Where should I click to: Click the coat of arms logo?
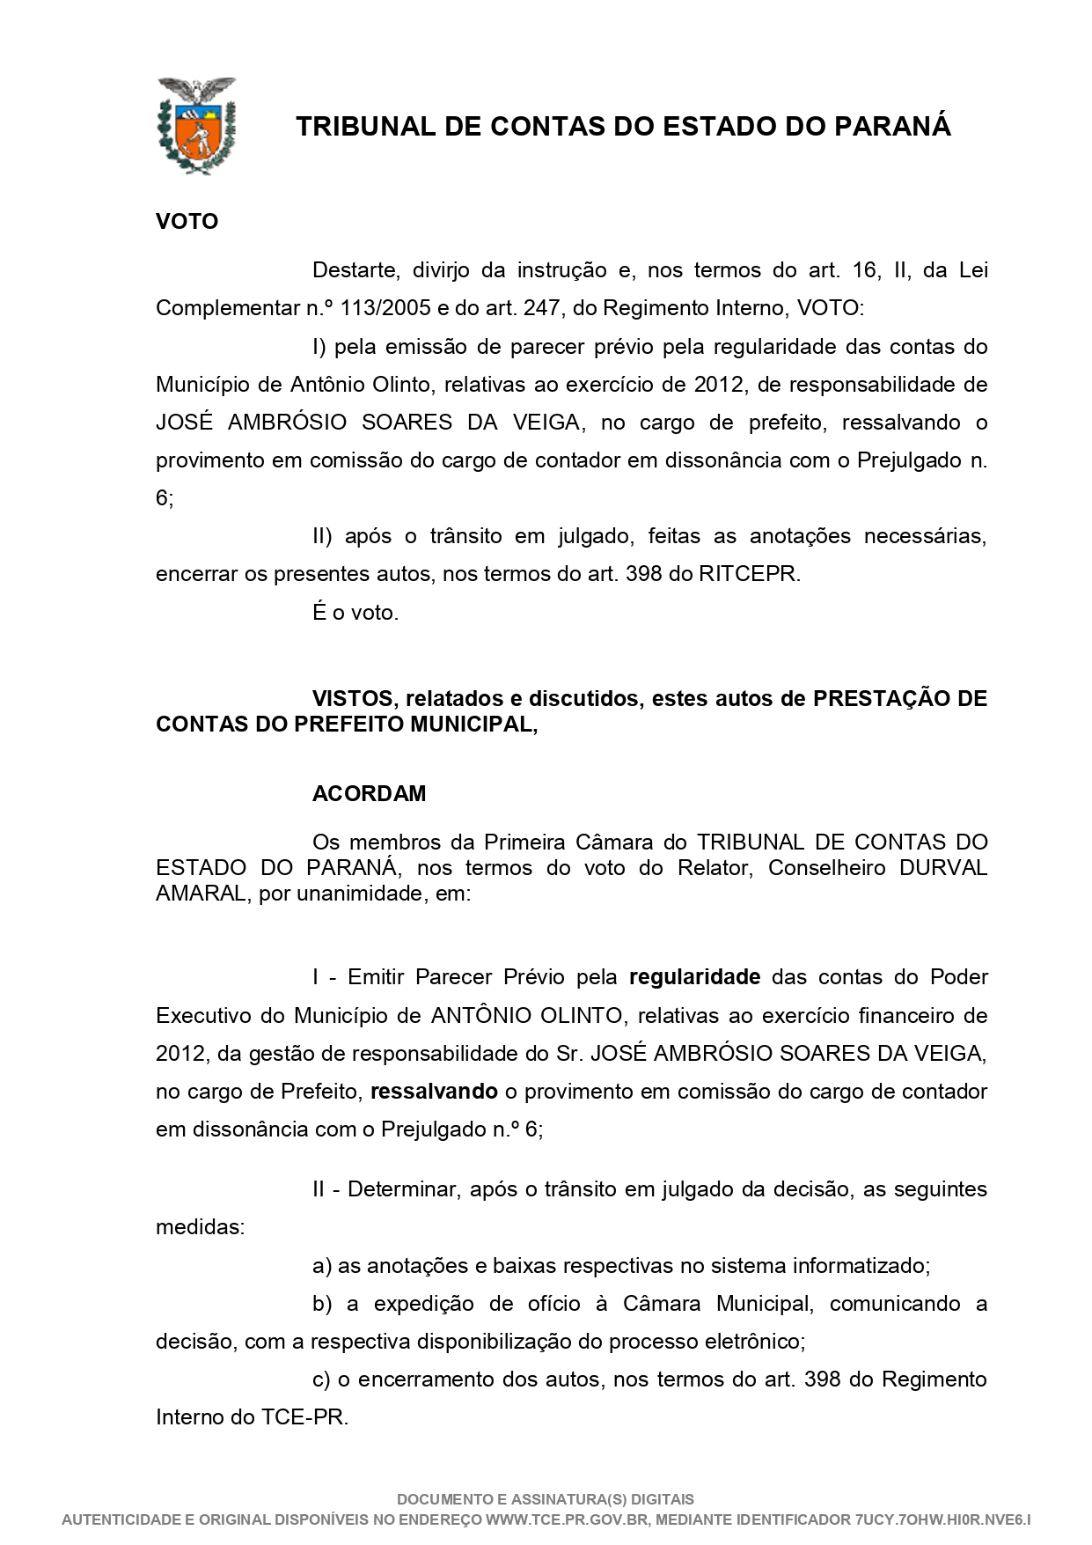pos(195,126)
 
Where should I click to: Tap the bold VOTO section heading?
pos(187,221)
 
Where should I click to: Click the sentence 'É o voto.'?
pos(355,613)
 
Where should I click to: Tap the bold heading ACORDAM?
pos(369,793)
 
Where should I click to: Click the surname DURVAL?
pos(943,868)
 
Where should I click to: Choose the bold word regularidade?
pos(694,977)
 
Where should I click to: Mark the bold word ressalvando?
pos(434,1092)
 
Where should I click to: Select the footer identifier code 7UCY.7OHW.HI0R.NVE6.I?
pos(942,1520)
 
